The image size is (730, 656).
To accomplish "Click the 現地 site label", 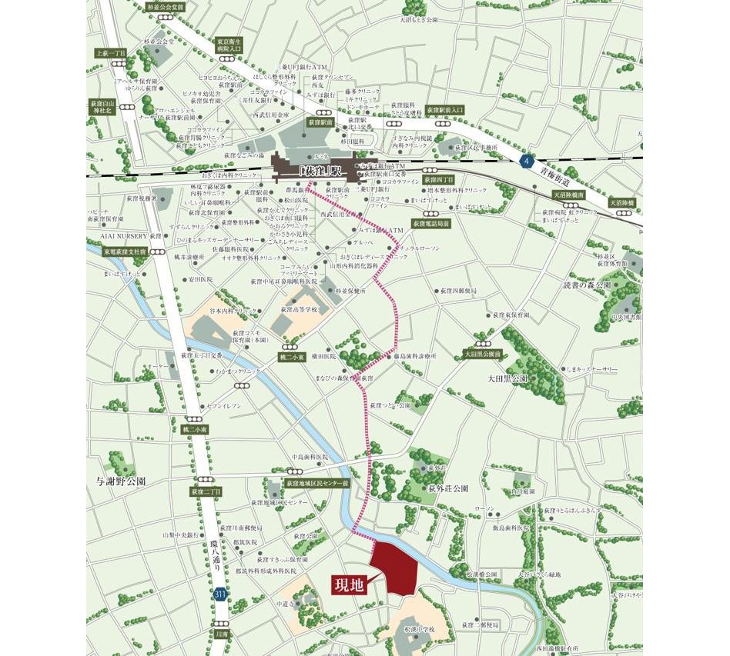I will coord(347,585).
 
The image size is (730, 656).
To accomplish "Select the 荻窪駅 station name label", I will coord(316,168).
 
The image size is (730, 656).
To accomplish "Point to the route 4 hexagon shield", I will coord(526,161).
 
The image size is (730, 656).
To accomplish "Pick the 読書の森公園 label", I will coord(586,285).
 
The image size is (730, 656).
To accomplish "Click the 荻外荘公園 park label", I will coord(449,488).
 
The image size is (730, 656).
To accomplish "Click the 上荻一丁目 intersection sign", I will coord(111,53).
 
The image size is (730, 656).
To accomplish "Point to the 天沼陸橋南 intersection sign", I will coord(569,195).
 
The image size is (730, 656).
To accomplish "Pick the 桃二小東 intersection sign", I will coord(292,357).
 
